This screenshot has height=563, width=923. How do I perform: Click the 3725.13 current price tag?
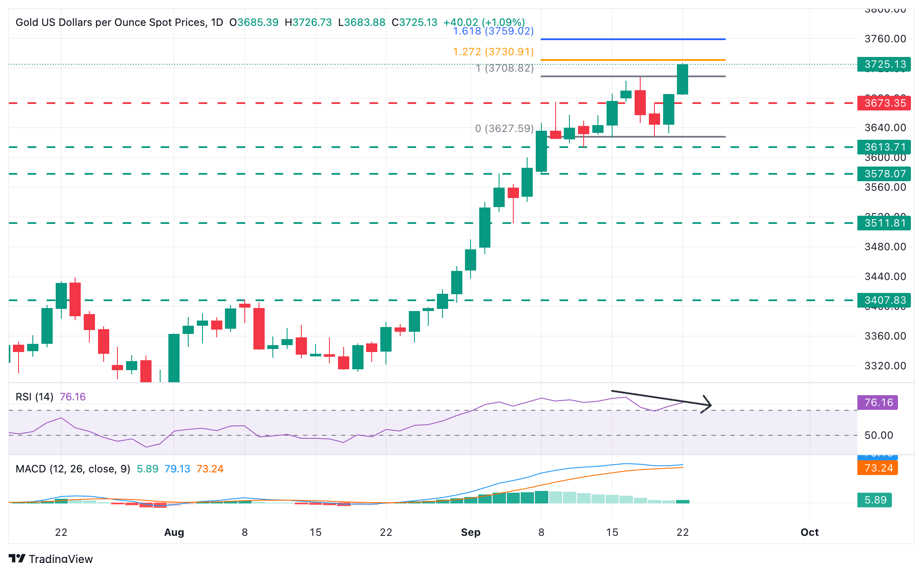click(884, 64)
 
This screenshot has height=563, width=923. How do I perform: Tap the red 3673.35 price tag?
click(884, 103)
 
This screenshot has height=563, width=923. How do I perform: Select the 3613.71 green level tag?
click(884, 147)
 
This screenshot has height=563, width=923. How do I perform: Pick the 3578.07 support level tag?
click(884, 174)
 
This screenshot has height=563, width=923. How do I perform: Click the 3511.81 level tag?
click(884, 223)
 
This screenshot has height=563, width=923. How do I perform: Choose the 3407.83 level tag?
click(884, 300)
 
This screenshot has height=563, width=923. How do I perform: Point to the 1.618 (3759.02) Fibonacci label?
click(493, 31)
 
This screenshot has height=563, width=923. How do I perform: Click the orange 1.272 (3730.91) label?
click(493, 52)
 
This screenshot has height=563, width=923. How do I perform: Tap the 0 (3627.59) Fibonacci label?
click(504, 129)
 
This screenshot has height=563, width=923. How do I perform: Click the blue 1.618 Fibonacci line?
click(632, 39)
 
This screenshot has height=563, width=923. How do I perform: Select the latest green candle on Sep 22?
click(683, 79)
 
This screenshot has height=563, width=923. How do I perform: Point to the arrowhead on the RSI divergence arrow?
click(708, 405)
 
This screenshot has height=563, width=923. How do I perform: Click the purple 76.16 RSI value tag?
click(877, 403)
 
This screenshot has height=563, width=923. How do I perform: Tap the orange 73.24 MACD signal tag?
click(877, 468)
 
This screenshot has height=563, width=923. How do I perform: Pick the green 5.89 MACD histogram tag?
click(875, 500)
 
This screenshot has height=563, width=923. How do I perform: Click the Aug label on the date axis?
click(174, 532)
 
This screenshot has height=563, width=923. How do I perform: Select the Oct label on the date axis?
click(809, 532)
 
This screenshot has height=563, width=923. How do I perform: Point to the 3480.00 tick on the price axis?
click(885, 247)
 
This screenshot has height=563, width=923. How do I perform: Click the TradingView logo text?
click(60, 558)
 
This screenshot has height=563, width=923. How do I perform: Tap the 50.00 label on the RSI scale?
click(879, 435)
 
